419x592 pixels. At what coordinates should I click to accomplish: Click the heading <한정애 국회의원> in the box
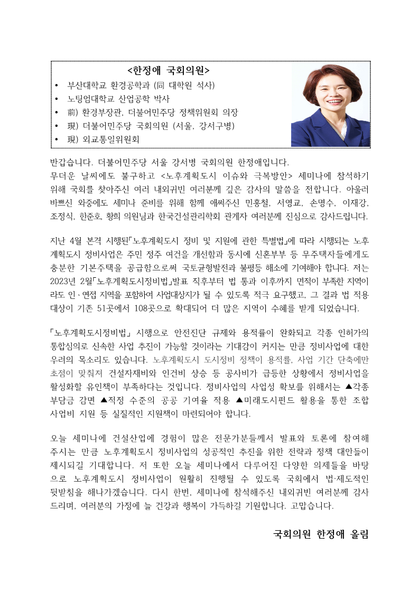[x=169, y=70]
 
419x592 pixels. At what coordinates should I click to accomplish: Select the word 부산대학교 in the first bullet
[x=86, y=85]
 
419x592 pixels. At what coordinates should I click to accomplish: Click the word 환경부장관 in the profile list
[x=106, y=112]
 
